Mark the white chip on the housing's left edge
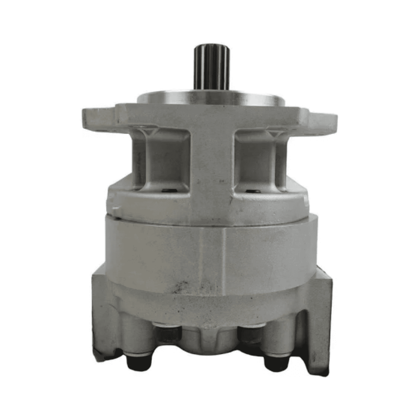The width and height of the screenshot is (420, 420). click(115, 208)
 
